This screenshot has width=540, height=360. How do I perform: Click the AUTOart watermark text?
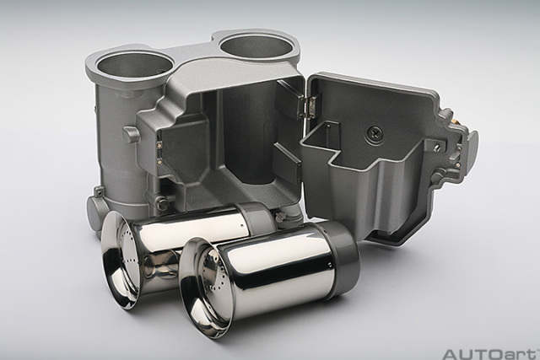tap(490, 353)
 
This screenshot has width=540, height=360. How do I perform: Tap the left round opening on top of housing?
tap(134, 64)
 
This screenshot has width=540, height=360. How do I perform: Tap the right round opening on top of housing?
tap(256, 46)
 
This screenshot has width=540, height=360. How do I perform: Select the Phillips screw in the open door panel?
tap(375, 134)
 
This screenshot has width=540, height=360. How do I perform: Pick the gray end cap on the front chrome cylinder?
tap(337, 257)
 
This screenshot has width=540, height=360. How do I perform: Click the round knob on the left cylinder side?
tap(130, 134)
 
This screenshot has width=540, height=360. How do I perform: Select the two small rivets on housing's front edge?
tap(159, 150)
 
